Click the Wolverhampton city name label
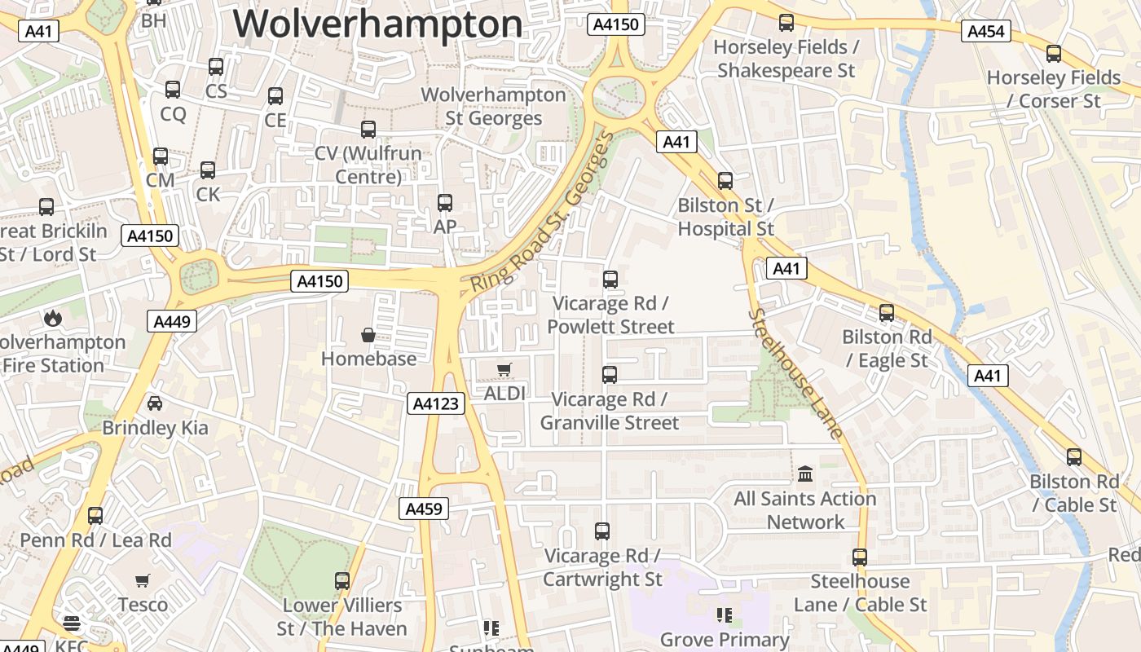378,24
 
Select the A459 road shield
424,509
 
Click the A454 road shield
986,32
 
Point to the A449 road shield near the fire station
172,321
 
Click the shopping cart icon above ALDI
504,370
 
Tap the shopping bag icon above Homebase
368,335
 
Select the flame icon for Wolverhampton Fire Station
53,317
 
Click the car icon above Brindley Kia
154,403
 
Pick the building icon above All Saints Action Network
805,474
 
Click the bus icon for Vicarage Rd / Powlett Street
610,280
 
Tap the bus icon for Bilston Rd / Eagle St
887,312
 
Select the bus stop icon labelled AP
445,202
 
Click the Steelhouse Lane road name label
795,373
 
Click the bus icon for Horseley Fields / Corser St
1054,54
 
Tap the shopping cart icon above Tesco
143,581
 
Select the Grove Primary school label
725,640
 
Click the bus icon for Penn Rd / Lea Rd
95,515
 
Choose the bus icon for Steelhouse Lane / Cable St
860,557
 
